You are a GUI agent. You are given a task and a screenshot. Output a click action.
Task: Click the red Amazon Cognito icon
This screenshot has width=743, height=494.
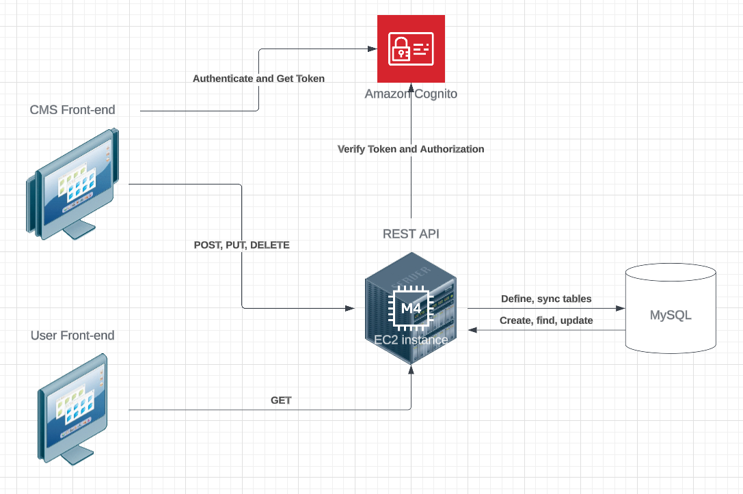pos(411,49)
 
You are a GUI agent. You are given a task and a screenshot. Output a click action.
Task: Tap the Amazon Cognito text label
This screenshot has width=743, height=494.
pos(411,94)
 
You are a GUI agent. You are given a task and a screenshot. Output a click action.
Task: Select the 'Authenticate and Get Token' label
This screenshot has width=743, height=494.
pos(258,79)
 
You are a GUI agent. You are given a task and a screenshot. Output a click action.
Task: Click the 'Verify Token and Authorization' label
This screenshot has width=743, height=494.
pos(411,149)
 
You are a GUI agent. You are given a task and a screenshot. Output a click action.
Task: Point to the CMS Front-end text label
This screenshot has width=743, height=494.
pos(72,109)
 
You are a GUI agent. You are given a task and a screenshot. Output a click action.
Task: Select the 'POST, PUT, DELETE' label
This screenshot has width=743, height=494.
pos(242,245)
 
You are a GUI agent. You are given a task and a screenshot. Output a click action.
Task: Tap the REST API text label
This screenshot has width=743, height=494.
pos(411,234)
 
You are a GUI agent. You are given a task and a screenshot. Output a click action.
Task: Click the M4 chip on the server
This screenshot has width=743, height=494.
pos(411,308)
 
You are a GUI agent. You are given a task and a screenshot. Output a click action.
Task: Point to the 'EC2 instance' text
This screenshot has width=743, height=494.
pos(411,340)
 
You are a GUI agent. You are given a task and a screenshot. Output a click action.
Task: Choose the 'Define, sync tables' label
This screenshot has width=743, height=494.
pos(546,299)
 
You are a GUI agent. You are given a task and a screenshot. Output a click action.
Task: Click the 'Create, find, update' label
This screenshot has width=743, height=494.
pos(546,320)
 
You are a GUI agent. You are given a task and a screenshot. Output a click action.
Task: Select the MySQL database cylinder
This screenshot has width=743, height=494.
pos(671,309)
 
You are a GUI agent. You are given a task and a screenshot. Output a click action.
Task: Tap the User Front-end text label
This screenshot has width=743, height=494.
pos(72,335)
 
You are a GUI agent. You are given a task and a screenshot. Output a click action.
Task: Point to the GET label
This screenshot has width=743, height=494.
pos(281,400)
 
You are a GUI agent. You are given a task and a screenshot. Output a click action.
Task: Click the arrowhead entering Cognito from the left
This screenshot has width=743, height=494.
pos(373,49)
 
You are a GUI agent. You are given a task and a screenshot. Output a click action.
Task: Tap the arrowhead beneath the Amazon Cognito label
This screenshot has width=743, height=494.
pos(411,88)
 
